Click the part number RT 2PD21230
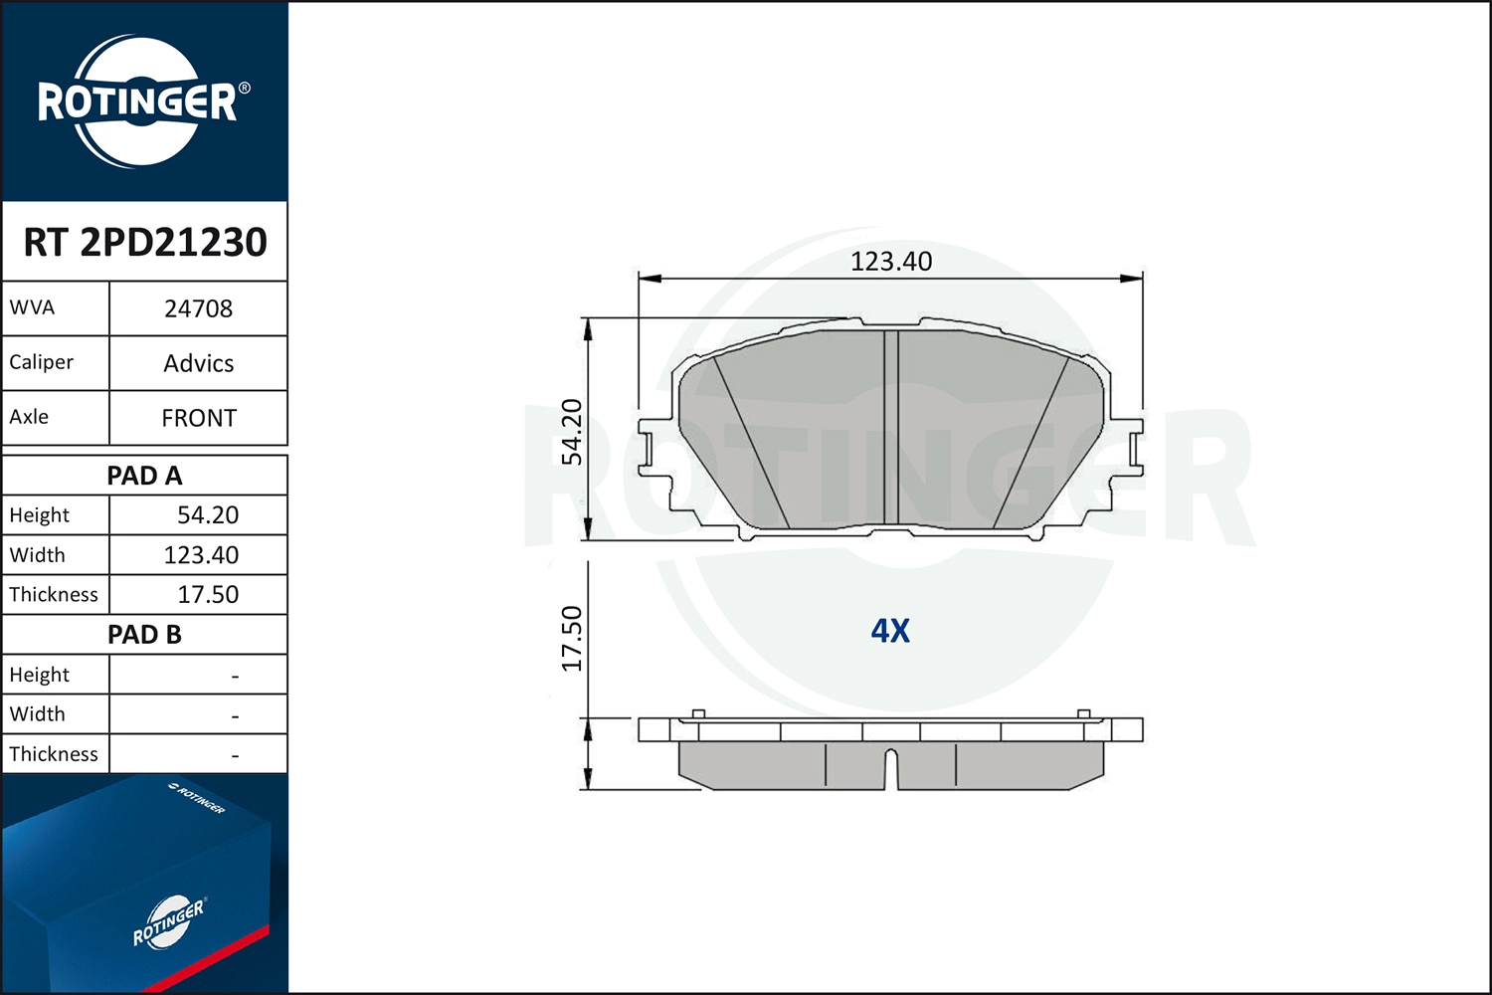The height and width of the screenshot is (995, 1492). tap(145, 242)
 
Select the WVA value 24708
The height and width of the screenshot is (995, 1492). tap(199, 308)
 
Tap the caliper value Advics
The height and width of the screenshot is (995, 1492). tap(199, 363)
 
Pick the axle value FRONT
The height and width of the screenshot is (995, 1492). tap(199, 418)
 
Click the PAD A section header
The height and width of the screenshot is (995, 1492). tap(144, 476)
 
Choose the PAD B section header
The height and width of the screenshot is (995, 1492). tap(144, 635)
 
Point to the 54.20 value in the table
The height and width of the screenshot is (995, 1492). tap(208, 515)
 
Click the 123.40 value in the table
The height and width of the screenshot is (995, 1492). tap(201, 555)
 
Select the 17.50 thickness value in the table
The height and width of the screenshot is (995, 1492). tap(208, 594)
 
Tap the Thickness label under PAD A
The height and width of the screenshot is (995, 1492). tap(54, 594)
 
